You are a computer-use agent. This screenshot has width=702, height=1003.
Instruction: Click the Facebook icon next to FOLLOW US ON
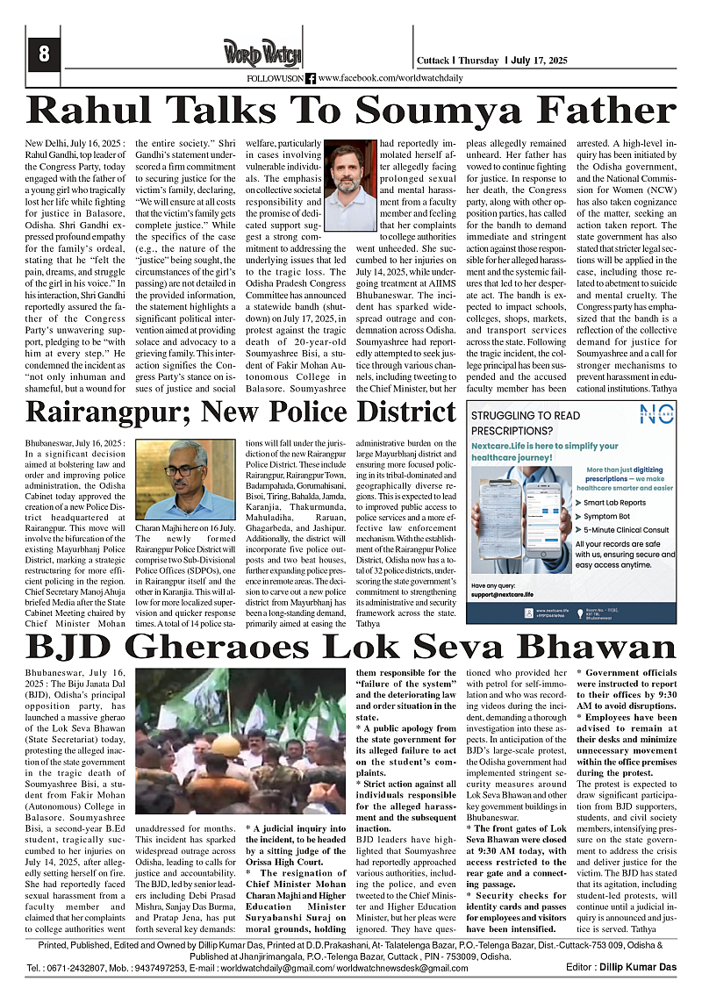coord(310,78)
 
